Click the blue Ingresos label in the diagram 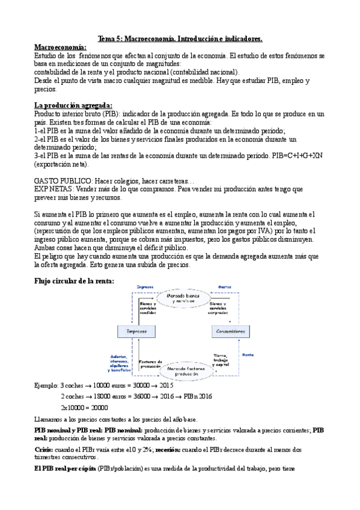click(x=145, y=287)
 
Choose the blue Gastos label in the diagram click(x=225, y=287)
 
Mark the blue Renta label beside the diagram click(x=248, y=355)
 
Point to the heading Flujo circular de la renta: click(x=74, y=281)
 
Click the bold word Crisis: click(x=43, y=449)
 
